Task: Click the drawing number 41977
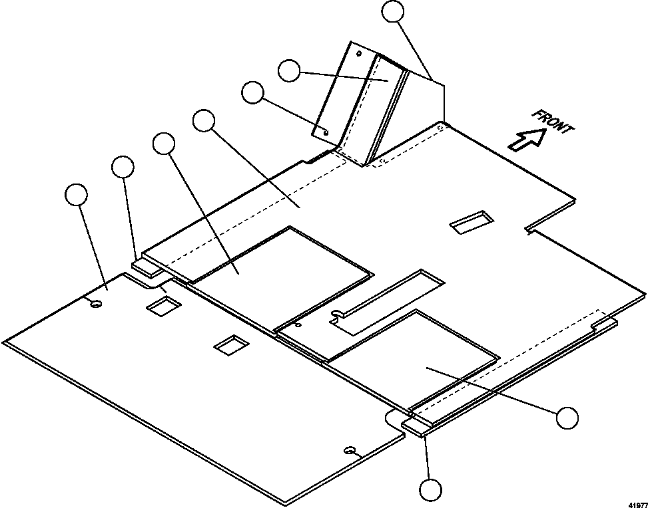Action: coord(638,505)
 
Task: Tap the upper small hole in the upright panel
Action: coord(359,53)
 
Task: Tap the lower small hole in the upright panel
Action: coord(326,132)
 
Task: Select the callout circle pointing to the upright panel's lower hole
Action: coord(252,92)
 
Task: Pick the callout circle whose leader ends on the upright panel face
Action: coord(289,70)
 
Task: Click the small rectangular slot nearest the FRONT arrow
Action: coord(472,222)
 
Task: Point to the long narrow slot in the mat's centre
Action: coord(387,301)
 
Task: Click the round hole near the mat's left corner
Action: coord(95,304)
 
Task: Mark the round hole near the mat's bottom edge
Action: coord(350,449)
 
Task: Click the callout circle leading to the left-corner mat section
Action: coord(77,194)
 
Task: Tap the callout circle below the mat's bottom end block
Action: coord(431,490)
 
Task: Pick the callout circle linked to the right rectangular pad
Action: coord(567,418)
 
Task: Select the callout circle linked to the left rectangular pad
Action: coord(164,143)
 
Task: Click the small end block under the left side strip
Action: coord(147,267)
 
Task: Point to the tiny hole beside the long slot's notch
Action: coord(298,325)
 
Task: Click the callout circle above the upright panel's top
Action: coord(393,11)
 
